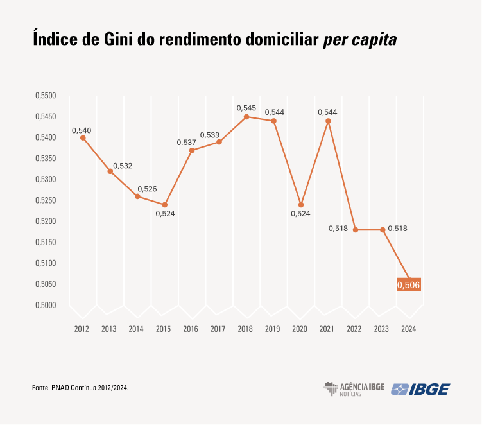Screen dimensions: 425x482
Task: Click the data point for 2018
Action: click(246, 117)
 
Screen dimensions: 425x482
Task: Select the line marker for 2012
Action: click(83, 137)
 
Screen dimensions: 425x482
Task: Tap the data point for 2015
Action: click(165, 205)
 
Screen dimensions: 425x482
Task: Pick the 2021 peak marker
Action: click(328, 121)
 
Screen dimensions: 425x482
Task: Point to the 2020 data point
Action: click(301, 205)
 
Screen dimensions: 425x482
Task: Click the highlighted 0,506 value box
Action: click(408, 284)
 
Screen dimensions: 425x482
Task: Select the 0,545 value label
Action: click(246, 108)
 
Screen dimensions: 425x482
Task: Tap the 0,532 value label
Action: click(123, 166)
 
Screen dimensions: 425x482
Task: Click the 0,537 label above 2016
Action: click(186, 142)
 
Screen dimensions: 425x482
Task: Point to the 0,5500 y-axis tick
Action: click(46, 96)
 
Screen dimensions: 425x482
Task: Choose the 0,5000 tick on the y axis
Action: click(46, 305)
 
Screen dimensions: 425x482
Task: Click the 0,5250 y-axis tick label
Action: click(46, 200)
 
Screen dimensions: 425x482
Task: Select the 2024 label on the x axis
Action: click(408, 329)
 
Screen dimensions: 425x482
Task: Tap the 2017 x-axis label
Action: click(218, 329)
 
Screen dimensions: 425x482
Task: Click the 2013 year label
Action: click(109, 329)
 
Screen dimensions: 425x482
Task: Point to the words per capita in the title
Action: click(359, 40)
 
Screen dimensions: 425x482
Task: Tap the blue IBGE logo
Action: click(420, 389)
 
